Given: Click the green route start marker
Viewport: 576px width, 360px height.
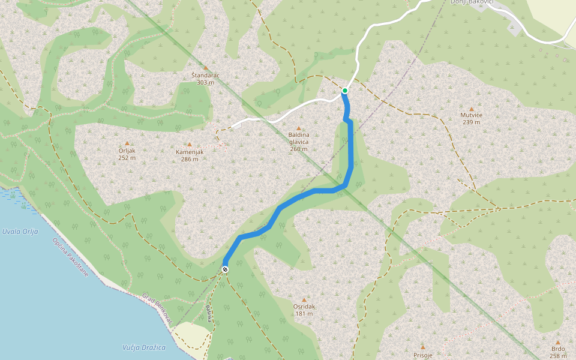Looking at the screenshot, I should (345, 91).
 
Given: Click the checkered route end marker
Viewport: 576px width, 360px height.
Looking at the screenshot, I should (225, 269).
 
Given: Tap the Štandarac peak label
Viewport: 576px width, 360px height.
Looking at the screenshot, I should (205, 79).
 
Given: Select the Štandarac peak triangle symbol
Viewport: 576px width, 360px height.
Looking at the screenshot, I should (206, 68).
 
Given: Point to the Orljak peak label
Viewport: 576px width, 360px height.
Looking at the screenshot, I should (127, 154).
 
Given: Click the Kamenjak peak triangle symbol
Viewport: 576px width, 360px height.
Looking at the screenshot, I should (190, 145).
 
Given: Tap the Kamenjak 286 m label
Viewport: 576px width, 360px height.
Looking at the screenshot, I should (190, 155).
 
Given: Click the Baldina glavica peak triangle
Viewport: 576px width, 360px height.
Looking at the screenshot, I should (298, 128).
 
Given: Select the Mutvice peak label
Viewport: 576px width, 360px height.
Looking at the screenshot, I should (472, 118).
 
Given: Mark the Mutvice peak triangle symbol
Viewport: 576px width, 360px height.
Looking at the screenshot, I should (472, 109).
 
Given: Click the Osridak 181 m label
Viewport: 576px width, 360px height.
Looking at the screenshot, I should (304, 310).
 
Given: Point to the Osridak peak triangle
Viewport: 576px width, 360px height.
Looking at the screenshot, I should (304, 299).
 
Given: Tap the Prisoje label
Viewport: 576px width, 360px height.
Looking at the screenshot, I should (423, 355).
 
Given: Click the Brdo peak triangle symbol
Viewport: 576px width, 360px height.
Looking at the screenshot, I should (558, 342).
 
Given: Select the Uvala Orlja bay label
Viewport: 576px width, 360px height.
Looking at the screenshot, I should (20, 231).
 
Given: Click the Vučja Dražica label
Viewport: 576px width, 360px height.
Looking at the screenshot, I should (143, 347).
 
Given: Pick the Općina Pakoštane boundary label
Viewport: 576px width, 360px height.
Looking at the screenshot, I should (70, 257).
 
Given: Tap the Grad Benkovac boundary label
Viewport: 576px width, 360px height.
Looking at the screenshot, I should (157, 309).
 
